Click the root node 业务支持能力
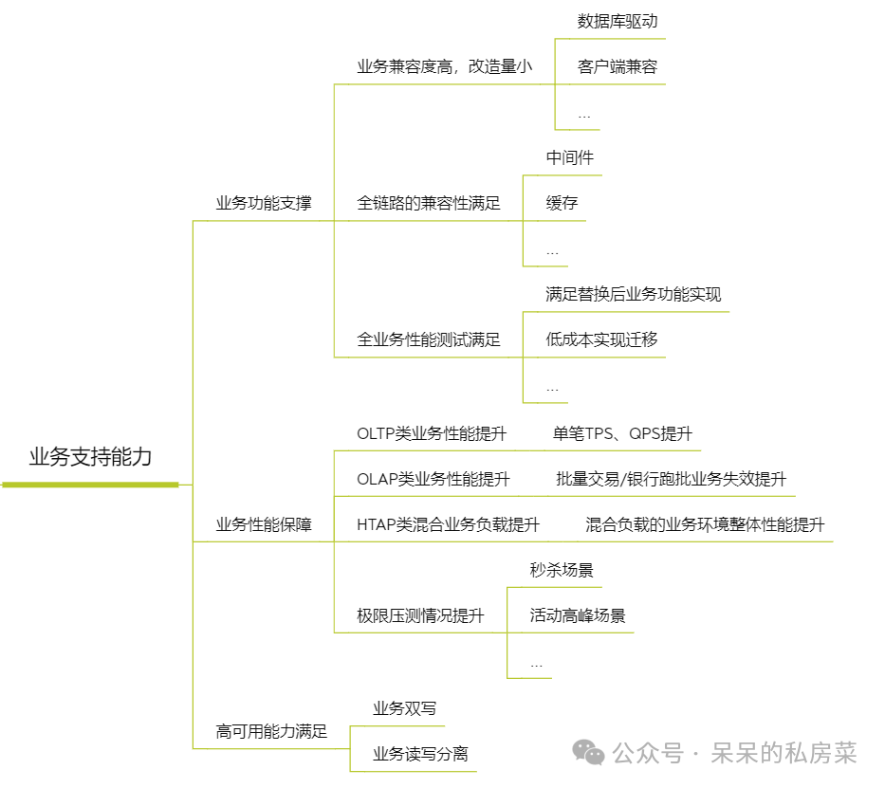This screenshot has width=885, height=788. [90, 457]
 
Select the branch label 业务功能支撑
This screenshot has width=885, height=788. [263, 203]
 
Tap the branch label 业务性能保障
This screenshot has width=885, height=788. [263, 524]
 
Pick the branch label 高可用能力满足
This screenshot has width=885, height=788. [271, 731]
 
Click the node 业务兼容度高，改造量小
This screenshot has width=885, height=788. [444, 66]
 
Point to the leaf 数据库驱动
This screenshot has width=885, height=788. [617, 21]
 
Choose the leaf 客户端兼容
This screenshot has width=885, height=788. [617, 67]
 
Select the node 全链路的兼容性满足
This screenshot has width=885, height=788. [428, 203]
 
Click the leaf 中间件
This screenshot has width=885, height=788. [569, 157]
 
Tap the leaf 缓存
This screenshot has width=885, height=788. [562, 203]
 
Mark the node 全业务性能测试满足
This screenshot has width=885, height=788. [428, 339]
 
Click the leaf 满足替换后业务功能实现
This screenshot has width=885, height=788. [633, 294]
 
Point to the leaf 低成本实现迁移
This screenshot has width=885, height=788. [601, 339]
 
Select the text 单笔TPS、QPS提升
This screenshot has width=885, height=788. [622, 434]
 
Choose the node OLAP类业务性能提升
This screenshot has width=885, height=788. [433, 479]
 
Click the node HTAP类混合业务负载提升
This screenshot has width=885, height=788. [448, 524]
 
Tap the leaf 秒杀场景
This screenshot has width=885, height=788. [562, 570]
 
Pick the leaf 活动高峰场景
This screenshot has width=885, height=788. [578, 615]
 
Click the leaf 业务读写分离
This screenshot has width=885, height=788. [420, 754]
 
